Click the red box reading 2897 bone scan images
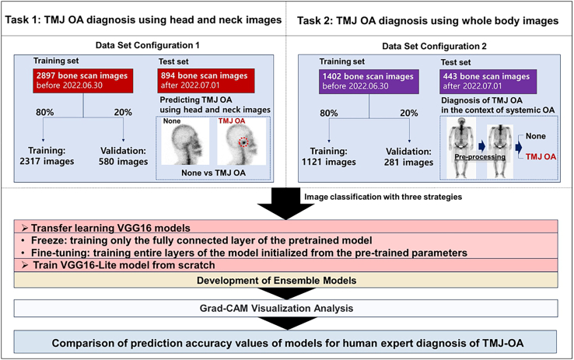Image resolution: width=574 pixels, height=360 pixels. pyautogui.click(x=82, y=81)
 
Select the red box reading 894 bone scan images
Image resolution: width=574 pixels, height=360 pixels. pyautogui.click(x=206, y=81)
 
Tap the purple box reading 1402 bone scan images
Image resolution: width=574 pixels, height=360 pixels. pyautogui.click(x=369, y=82)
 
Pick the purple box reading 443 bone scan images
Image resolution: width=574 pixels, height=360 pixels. pyautogui.click(x=488, y=82)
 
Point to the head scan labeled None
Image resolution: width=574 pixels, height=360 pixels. pyautogui.click(x=185, y=142)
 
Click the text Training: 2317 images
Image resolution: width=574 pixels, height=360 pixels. pyautogui.click(x=47, y=156)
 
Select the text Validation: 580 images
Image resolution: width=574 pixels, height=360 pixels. pyautogui.click(x=123, y=156)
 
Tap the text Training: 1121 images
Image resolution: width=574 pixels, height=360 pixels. pyautogui.click(x=329, y=156)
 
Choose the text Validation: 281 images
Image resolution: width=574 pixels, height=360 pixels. pyautogui.click(x=408, y=157)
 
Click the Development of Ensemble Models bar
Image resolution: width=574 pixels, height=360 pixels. pyautogui.click(x=286, y=280)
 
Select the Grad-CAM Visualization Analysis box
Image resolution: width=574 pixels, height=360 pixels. pyautogui.click(x=286, y=308)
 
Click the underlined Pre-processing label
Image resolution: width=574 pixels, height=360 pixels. pyautogui.click(x=480, y=157)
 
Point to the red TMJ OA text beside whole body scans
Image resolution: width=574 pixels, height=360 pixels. pyautogui.click(x=541, y=157)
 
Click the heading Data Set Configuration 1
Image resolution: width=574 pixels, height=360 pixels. pyautogui.click(x=148, y=45)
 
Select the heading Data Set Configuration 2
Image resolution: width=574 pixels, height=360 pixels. pyautogui.click(x=434, y=47)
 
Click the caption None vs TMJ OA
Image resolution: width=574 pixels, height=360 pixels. pyautogui.click(x=213, y=173)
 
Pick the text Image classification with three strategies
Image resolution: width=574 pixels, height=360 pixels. pyautogui.click(x=383, y=197)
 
